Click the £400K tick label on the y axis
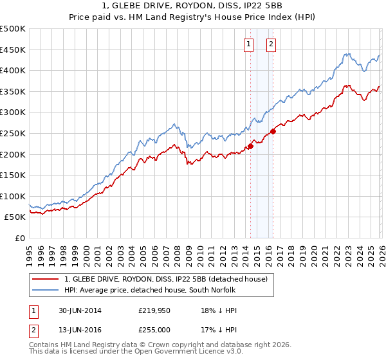(13, 70)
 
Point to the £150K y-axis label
(13, 175)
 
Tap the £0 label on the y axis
(20, 238)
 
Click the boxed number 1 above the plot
(248, 44)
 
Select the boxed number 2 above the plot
(271, 44)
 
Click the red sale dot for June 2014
(250, 146)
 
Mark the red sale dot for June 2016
(273, 131)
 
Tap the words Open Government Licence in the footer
(188, 353)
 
